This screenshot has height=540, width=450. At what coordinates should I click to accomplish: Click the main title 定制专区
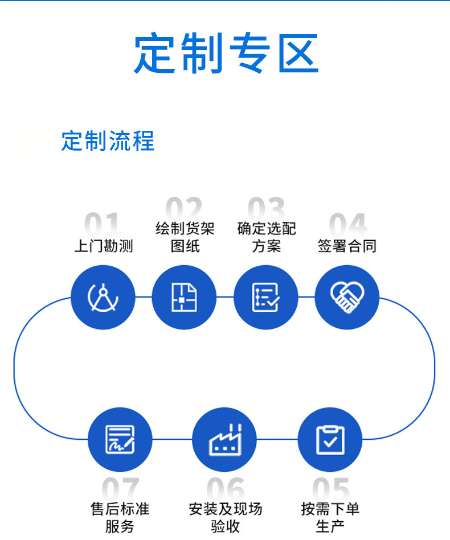[x=226, y=53]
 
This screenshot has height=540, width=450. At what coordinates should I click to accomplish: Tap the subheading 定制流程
[x=108, y=141]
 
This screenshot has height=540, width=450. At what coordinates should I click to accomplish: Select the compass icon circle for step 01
[x=103, y=297]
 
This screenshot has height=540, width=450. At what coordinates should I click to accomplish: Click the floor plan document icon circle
[x=185, y=297]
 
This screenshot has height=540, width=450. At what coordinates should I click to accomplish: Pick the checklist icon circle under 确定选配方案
[x=266, y=297]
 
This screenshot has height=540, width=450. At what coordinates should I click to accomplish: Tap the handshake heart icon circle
[x=347, y=297]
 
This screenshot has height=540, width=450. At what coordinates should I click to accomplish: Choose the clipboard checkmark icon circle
[x=330, y=439]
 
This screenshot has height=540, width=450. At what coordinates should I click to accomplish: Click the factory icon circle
[x=224, y=439]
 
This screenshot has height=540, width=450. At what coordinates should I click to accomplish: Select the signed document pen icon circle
[x=120, y=439]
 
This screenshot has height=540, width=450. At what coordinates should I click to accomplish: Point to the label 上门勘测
[x=103, y=246]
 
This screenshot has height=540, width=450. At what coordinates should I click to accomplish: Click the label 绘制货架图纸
[x=185, y=238]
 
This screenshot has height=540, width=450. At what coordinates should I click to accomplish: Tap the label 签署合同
[x=347, y=246]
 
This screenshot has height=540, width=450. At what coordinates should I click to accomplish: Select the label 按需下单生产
[x=330, y=517]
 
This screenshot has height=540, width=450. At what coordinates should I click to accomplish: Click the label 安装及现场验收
[x=225, y=517]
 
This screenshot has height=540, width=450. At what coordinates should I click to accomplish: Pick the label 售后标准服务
[x=120, y=517]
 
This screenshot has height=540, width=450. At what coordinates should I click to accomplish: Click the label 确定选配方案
[x=266, y=238]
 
